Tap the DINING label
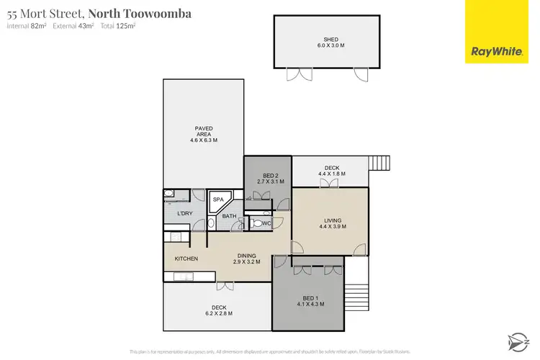(x=248, y=256)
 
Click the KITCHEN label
(x=186, y=259)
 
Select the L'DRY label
(x=184, y=214)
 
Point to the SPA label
(x=217, y=200)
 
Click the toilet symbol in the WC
(x=258, y=223)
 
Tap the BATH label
(x=229, y=217)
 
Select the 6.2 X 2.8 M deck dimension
(x=219, y=313)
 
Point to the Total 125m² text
(x=118, y=26)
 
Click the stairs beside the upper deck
(x=379, y=163)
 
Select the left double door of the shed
(x=294, y=73)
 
